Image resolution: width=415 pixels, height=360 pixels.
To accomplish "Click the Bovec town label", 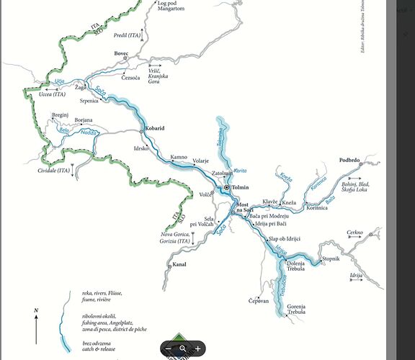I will (121, 53).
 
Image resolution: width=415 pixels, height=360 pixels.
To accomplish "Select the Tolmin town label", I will (241, 187).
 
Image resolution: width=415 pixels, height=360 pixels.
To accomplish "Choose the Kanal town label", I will (180, 265).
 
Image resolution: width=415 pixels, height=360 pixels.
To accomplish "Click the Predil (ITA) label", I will (128, 34).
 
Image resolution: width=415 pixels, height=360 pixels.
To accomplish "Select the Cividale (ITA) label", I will (54, 171).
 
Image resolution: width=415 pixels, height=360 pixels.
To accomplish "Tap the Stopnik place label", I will (331, 258).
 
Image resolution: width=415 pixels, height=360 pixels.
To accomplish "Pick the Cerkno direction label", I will (355, 233).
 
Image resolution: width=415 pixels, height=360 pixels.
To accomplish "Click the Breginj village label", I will (61, 114).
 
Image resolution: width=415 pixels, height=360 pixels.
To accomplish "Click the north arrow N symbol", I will (36, 310).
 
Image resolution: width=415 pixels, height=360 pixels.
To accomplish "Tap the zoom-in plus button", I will (198, 348).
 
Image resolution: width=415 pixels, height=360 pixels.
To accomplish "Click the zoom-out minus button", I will (168, 348).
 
